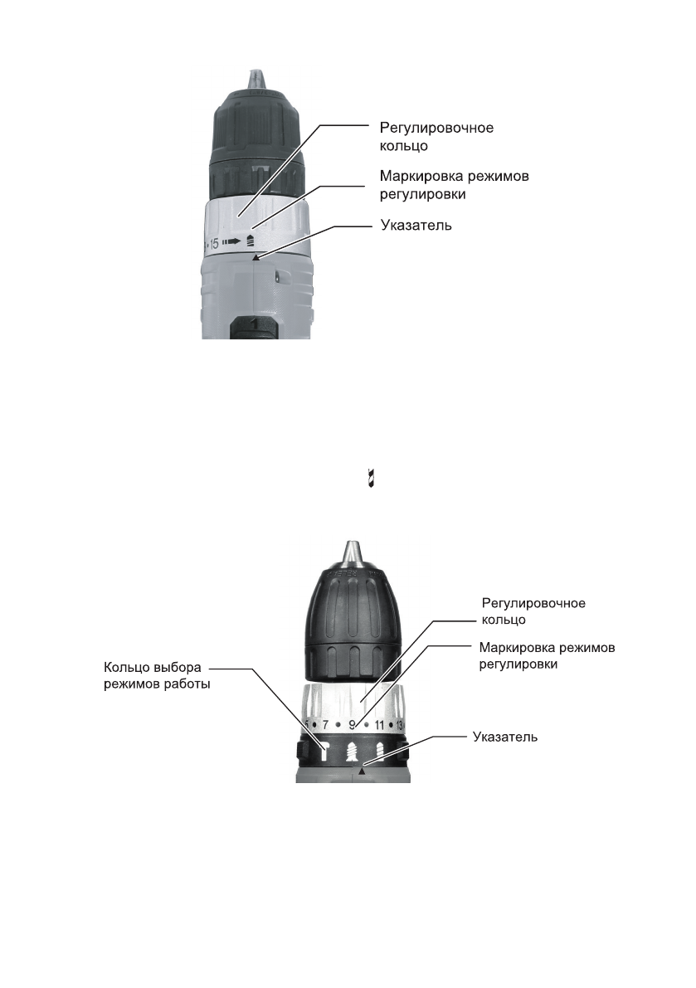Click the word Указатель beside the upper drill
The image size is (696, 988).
click(x=416, y=226)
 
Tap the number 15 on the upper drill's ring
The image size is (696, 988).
click(x=213, y=244)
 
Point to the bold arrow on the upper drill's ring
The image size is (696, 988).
click(x=234, y=242)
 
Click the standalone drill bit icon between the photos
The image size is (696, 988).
click(x=371, y=479)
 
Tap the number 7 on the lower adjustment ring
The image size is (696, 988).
click(x=325, y=726)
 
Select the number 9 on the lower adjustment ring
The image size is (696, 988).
click(x=352, y=726)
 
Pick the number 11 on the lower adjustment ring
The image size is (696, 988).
click(x=379, y=726)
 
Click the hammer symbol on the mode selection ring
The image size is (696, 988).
click(x=326, y=751)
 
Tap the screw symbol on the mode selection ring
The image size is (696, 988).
click(x=353, y=752)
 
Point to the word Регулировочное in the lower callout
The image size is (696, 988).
click(x=533, y=603)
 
